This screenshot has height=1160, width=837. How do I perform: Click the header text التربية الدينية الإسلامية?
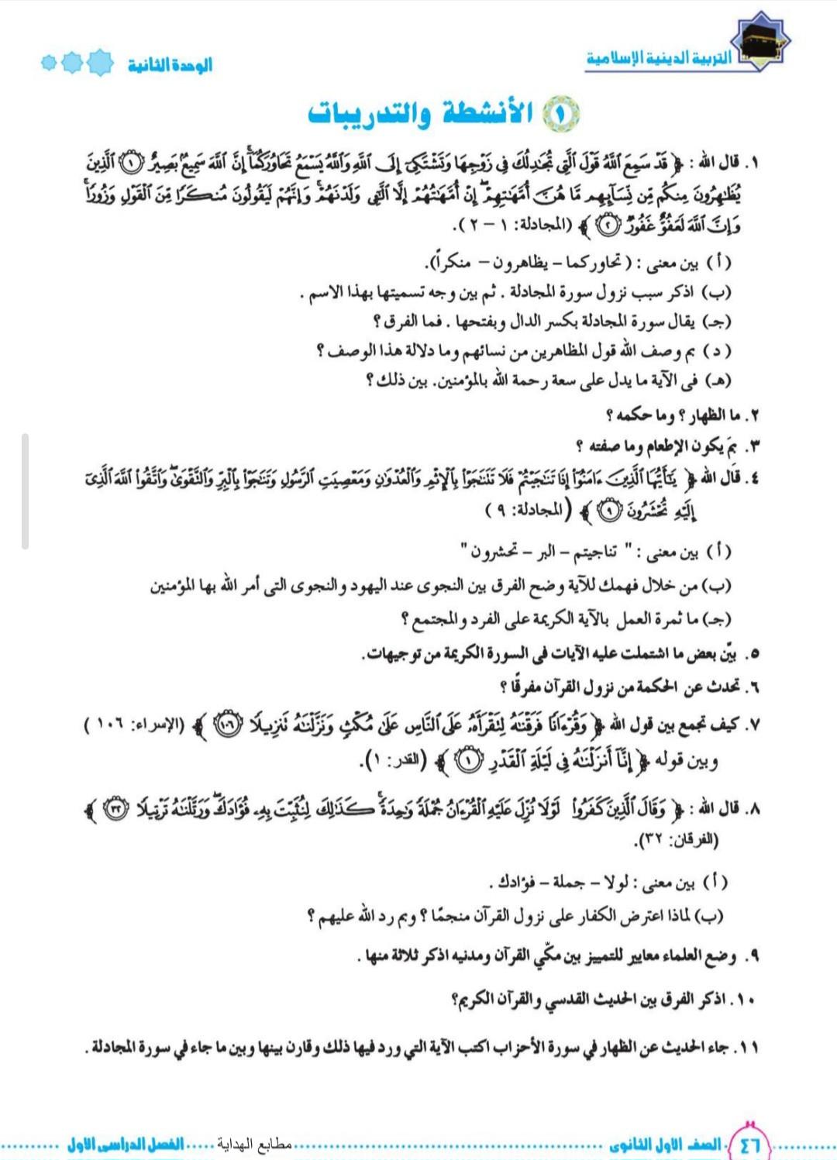(659, 59)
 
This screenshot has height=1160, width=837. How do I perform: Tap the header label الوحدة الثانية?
(170, 65)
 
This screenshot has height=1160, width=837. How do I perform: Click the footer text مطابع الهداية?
(254, 1144)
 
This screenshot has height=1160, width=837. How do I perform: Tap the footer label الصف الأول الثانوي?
(665, 1145)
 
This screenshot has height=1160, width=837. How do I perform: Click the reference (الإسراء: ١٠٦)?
(135, 725)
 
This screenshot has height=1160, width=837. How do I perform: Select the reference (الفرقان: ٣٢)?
(677, 839)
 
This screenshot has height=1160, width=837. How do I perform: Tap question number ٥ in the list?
(751, 654)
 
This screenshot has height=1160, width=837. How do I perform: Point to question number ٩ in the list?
(750, 956)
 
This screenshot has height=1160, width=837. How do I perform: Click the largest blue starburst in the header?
(100, 62)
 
